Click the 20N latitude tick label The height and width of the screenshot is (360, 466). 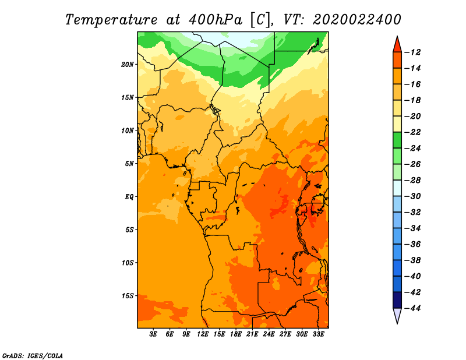128,65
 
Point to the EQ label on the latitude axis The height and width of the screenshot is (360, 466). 129,197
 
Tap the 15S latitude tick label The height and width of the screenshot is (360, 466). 128,296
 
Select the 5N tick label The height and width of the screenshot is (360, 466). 129,164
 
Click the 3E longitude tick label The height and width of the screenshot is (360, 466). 153,334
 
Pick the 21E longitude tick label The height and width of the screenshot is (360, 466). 252,334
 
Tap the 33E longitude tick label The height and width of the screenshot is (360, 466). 318,334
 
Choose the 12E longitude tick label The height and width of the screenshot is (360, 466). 203,334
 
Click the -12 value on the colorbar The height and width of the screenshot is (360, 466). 413,52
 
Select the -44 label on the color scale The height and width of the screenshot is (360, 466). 413,308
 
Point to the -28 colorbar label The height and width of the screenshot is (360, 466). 413,181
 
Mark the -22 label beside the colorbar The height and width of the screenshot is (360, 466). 413,132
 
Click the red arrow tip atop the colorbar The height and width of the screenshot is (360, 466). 397,36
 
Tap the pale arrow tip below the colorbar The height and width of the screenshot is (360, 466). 397,323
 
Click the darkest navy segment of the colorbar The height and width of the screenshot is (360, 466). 397,300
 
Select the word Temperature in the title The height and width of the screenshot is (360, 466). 111,20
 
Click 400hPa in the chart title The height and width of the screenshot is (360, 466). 216,20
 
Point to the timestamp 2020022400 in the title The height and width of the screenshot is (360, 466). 357,20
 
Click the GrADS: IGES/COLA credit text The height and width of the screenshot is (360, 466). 33,356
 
